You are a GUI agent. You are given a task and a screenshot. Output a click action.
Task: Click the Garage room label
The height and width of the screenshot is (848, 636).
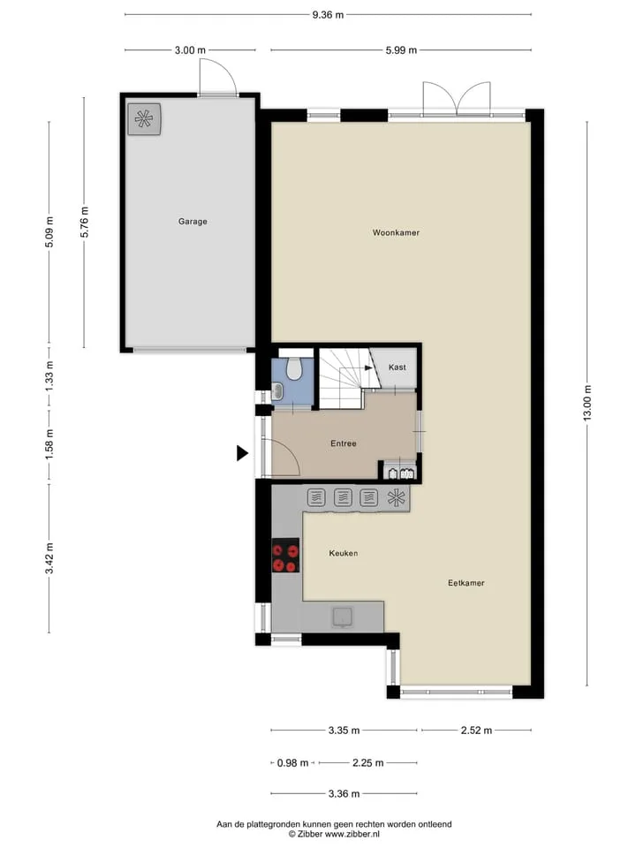coord(193,221)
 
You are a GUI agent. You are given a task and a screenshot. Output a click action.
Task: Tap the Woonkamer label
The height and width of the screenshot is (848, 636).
coord(396,232)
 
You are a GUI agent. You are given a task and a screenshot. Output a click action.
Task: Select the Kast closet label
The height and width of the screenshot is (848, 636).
coord(397,367)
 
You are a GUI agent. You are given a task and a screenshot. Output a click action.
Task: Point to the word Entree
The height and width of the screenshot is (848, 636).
coord(344,443)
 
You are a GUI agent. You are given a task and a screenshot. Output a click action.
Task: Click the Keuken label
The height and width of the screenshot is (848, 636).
coord(344,553)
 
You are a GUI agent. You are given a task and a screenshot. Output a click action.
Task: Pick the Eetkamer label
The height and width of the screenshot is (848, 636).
coord(466,583)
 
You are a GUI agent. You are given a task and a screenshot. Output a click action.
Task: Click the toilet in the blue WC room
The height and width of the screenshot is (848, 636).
coord(294,368)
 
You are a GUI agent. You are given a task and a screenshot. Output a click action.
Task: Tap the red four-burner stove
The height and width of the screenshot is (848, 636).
coord(285,556)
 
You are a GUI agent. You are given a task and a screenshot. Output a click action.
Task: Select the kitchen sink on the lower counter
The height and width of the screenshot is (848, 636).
coord(342,617)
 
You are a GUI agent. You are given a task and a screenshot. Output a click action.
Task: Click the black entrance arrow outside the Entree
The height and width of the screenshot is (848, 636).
coord(242,453)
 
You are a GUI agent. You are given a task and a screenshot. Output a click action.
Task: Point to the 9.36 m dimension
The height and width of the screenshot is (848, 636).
coord(328,15)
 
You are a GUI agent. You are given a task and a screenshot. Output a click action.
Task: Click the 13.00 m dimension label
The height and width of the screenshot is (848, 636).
coord(588,403)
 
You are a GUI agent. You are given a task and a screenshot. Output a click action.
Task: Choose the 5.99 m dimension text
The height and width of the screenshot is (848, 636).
coord(401,50)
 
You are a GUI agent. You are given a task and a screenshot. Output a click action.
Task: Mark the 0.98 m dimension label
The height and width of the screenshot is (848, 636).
coord(292,763)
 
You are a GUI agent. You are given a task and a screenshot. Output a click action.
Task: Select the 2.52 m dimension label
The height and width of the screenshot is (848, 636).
coord(476,731)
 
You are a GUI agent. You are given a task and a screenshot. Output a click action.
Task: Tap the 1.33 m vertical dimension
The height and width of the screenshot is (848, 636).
coord(49,376)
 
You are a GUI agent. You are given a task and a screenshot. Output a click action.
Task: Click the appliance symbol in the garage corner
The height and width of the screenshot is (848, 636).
coord(144,118)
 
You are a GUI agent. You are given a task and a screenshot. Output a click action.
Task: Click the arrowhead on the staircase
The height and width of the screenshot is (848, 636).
coord(369,367)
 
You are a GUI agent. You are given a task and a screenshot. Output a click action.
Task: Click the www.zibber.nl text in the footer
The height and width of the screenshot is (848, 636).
coord(352,834)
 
